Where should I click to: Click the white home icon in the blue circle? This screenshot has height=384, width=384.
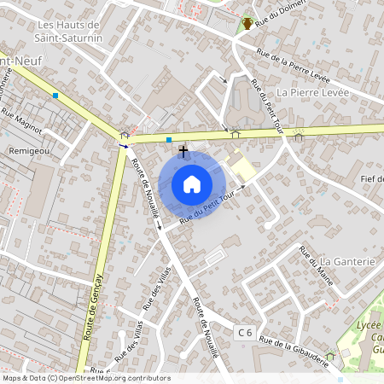coord(192,183)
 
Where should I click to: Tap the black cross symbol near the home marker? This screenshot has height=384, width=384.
coord(183,150)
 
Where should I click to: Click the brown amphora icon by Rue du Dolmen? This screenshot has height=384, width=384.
coord(247,23)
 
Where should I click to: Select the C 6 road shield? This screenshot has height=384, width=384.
coord(245,331)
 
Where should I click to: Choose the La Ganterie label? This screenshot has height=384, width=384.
coord(348,261)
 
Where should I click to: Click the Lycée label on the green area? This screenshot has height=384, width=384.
coord(368,325)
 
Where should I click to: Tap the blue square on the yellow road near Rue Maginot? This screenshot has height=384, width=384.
coord(55,96)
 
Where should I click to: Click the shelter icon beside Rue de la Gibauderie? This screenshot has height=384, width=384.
coord(330,356)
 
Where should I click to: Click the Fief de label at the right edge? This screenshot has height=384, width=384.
coord(373,178)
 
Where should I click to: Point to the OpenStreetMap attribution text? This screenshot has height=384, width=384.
coord(85,378)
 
